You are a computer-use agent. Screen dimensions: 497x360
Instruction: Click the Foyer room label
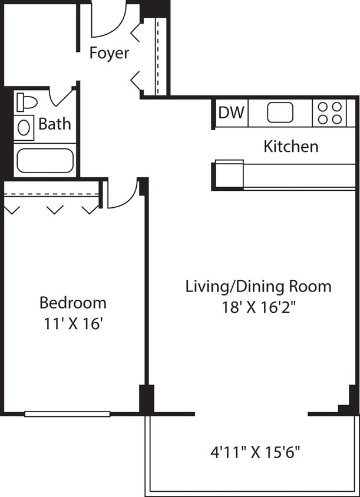[x=109, y=53]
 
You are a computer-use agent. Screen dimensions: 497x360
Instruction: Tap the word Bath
[x=55, y=124]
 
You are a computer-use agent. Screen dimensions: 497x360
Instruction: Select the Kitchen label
[x=291, y=146]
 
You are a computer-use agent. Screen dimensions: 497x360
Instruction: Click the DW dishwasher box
[x=232, y=112]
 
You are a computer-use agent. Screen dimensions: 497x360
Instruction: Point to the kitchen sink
[x=280, y=112]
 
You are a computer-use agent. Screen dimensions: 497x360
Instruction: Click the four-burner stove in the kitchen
[x=329, y=113]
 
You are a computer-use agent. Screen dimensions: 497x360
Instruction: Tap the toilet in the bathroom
[x=26, y=102]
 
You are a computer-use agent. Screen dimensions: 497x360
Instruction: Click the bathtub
[x=45, y=160]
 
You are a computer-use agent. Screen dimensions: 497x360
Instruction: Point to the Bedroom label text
[x=73, y=303]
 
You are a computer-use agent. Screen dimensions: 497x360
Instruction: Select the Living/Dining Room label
[x=258, y=287]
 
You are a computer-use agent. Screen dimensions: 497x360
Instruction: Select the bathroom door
[x=62, y=96]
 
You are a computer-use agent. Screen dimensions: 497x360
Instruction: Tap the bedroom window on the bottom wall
[x=67, y=414]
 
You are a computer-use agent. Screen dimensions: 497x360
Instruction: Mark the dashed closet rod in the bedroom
[x=51, y=195]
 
